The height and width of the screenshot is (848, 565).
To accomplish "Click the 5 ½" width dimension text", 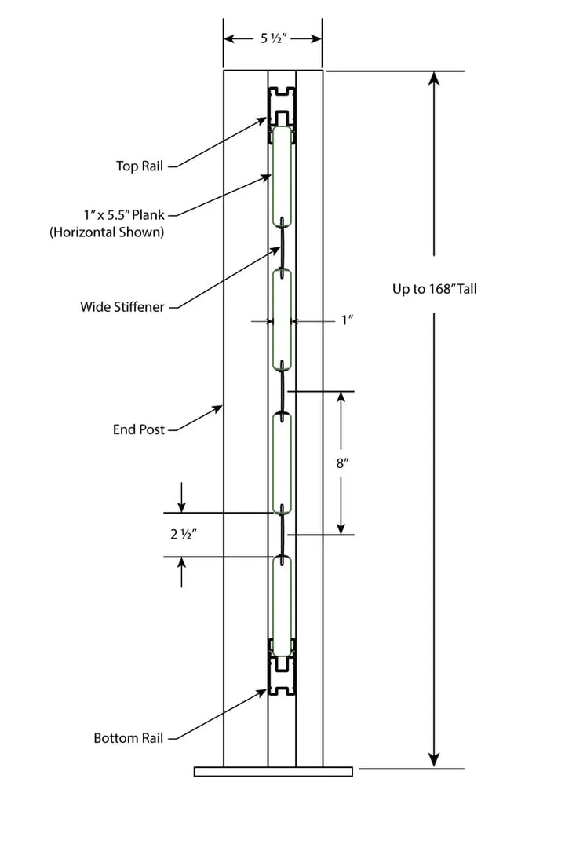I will tap(272, 38).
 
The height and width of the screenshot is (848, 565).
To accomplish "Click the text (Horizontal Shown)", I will tap(108, 232).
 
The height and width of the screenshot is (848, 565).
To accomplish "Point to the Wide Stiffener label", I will tap(122, 307).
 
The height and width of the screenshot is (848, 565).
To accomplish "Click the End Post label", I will tap(139, 429).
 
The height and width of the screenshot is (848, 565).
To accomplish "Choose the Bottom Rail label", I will tap(129, 738).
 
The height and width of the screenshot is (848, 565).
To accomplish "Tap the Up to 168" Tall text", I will tap(434, 289).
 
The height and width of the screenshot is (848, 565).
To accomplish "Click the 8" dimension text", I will tap(341, 463).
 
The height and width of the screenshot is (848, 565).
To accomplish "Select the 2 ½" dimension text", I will tap(182, 535).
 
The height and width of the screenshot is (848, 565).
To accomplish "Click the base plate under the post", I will tap(273, 772).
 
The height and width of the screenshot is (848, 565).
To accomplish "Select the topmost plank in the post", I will tap(282, 176).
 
